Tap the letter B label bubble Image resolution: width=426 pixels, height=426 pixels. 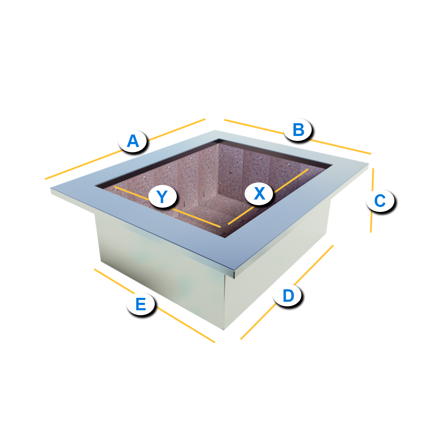tap(298, 130)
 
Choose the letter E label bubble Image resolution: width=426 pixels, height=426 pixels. tap(140, 304)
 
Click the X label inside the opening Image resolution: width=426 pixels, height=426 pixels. tap(259, 193)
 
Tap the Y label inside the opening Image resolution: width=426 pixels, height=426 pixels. tap(163, 196)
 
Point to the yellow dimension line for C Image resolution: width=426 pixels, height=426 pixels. tap(372, 200)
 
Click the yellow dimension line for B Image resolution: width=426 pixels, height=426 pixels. tap(297, 137)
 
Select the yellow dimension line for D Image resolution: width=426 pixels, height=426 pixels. tap(287, 292)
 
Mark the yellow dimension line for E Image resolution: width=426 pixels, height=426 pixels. tap(154, 306)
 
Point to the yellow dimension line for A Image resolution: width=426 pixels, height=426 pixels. tap(125, 149)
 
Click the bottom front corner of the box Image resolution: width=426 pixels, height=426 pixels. tap(224, 330)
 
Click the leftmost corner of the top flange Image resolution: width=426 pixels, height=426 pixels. tap(51, 189)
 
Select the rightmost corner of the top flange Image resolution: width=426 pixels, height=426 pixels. tap(369, 164)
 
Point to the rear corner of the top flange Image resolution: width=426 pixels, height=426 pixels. tap(215, 130)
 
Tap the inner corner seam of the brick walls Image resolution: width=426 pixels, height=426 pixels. tap(218, 169)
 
